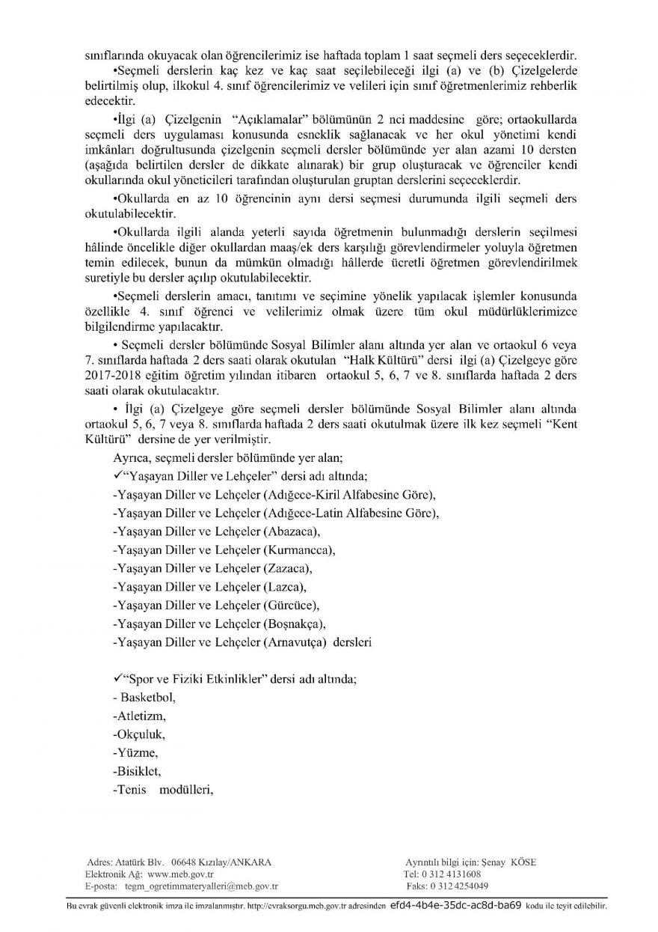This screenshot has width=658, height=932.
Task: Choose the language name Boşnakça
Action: point(296,623)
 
